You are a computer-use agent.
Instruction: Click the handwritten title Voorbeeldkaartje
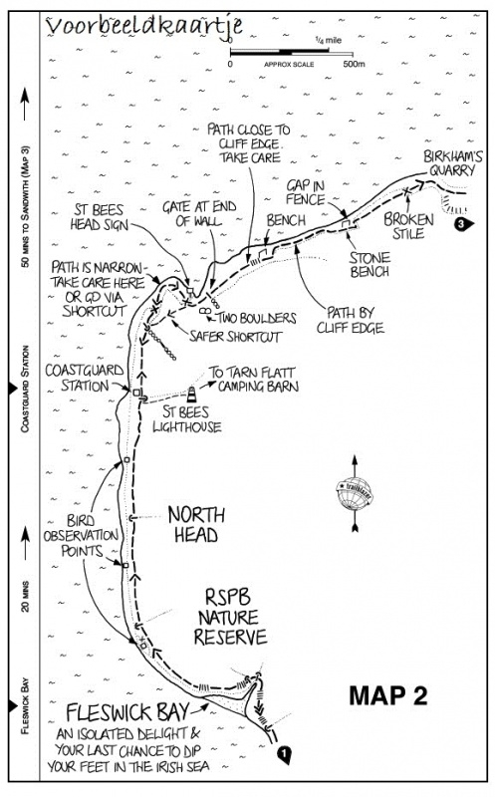pyautogui.click(x=144, y=27)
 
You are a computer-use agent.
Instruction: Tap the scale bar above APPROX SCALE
pyautogui.click(x=291, y=52)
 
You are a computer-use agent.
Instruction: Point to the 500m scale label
pyautogui.click(x=354, y=64)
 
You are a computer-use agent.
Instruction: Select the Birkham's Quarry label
pyautogui.click(x=453, y=163)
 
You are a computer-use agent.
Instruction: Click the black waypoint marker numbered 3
pyautogui.click(x=462, y=223)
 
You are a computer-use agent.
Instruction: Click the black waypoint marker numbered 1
pyautogui.click(x=285, y=754)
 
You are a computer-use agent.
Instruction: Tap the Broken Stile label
pyautogui.click(x=408, y=226)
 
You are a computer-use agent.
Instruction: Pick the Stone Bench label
pyautogui.click(x=370, y=264)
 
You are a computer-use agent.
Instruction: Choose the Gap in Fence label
pyautogui.click(x=305, y=192)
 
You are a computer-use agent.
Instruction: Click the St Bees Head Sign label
pyautogui.click(x=100, y=217)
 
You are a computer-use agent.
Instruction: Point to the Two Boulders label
pyautogui.click(x=257, y=318)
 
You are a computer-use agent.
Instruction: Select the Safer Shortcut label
pyautogui.click(x=235, y=336)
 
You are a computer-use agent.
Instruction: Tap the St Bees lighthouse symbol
pyautogui.click(x=191, y=394)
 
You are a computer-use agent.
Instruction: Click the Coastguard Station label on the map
pyautogui.click(x=85, y=378)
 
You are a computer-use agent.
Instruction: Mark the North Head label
pyautogui.click(x=196, y=525)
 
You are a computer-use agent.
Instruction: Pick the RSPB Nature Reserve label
pyautogui.click(x=230, y=617)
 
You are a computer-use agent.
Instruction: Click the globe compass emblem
pyautogui.click(x=355, y=493)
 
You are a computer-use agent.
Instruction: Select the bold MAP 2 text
pyautogui.click(x=388, y=695)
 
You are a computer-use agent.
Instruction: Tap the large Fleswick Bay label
pyautogui.click(x=127, y=712)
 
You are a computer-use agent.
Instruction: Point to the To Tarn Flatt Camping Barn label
pyautogui.click(x=253, y=380)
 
